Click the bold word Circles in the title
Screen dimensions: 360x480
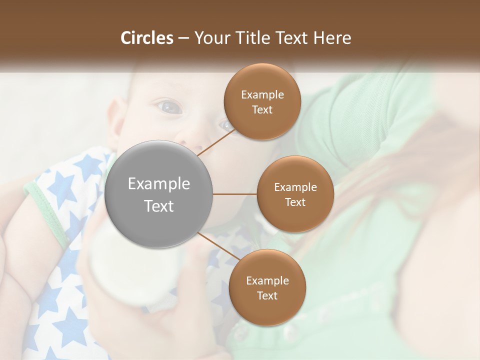point(146,38)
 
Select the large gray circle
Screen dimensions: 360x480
point(159,194)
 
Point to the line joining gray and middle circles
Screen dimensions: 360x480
point(235,194)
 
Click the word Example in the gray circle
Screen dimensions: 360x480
point(159,184)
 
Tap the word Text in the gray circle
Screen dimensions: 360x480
point(159,206)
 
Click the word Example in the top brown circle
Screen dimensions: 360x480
point(262,95)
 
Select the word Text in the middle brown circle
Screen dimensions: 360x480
point(295,202)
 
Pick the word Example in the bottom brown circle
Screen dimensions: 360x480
point(267,281)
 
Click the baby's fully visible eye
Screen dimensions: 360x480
point(169,106)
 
